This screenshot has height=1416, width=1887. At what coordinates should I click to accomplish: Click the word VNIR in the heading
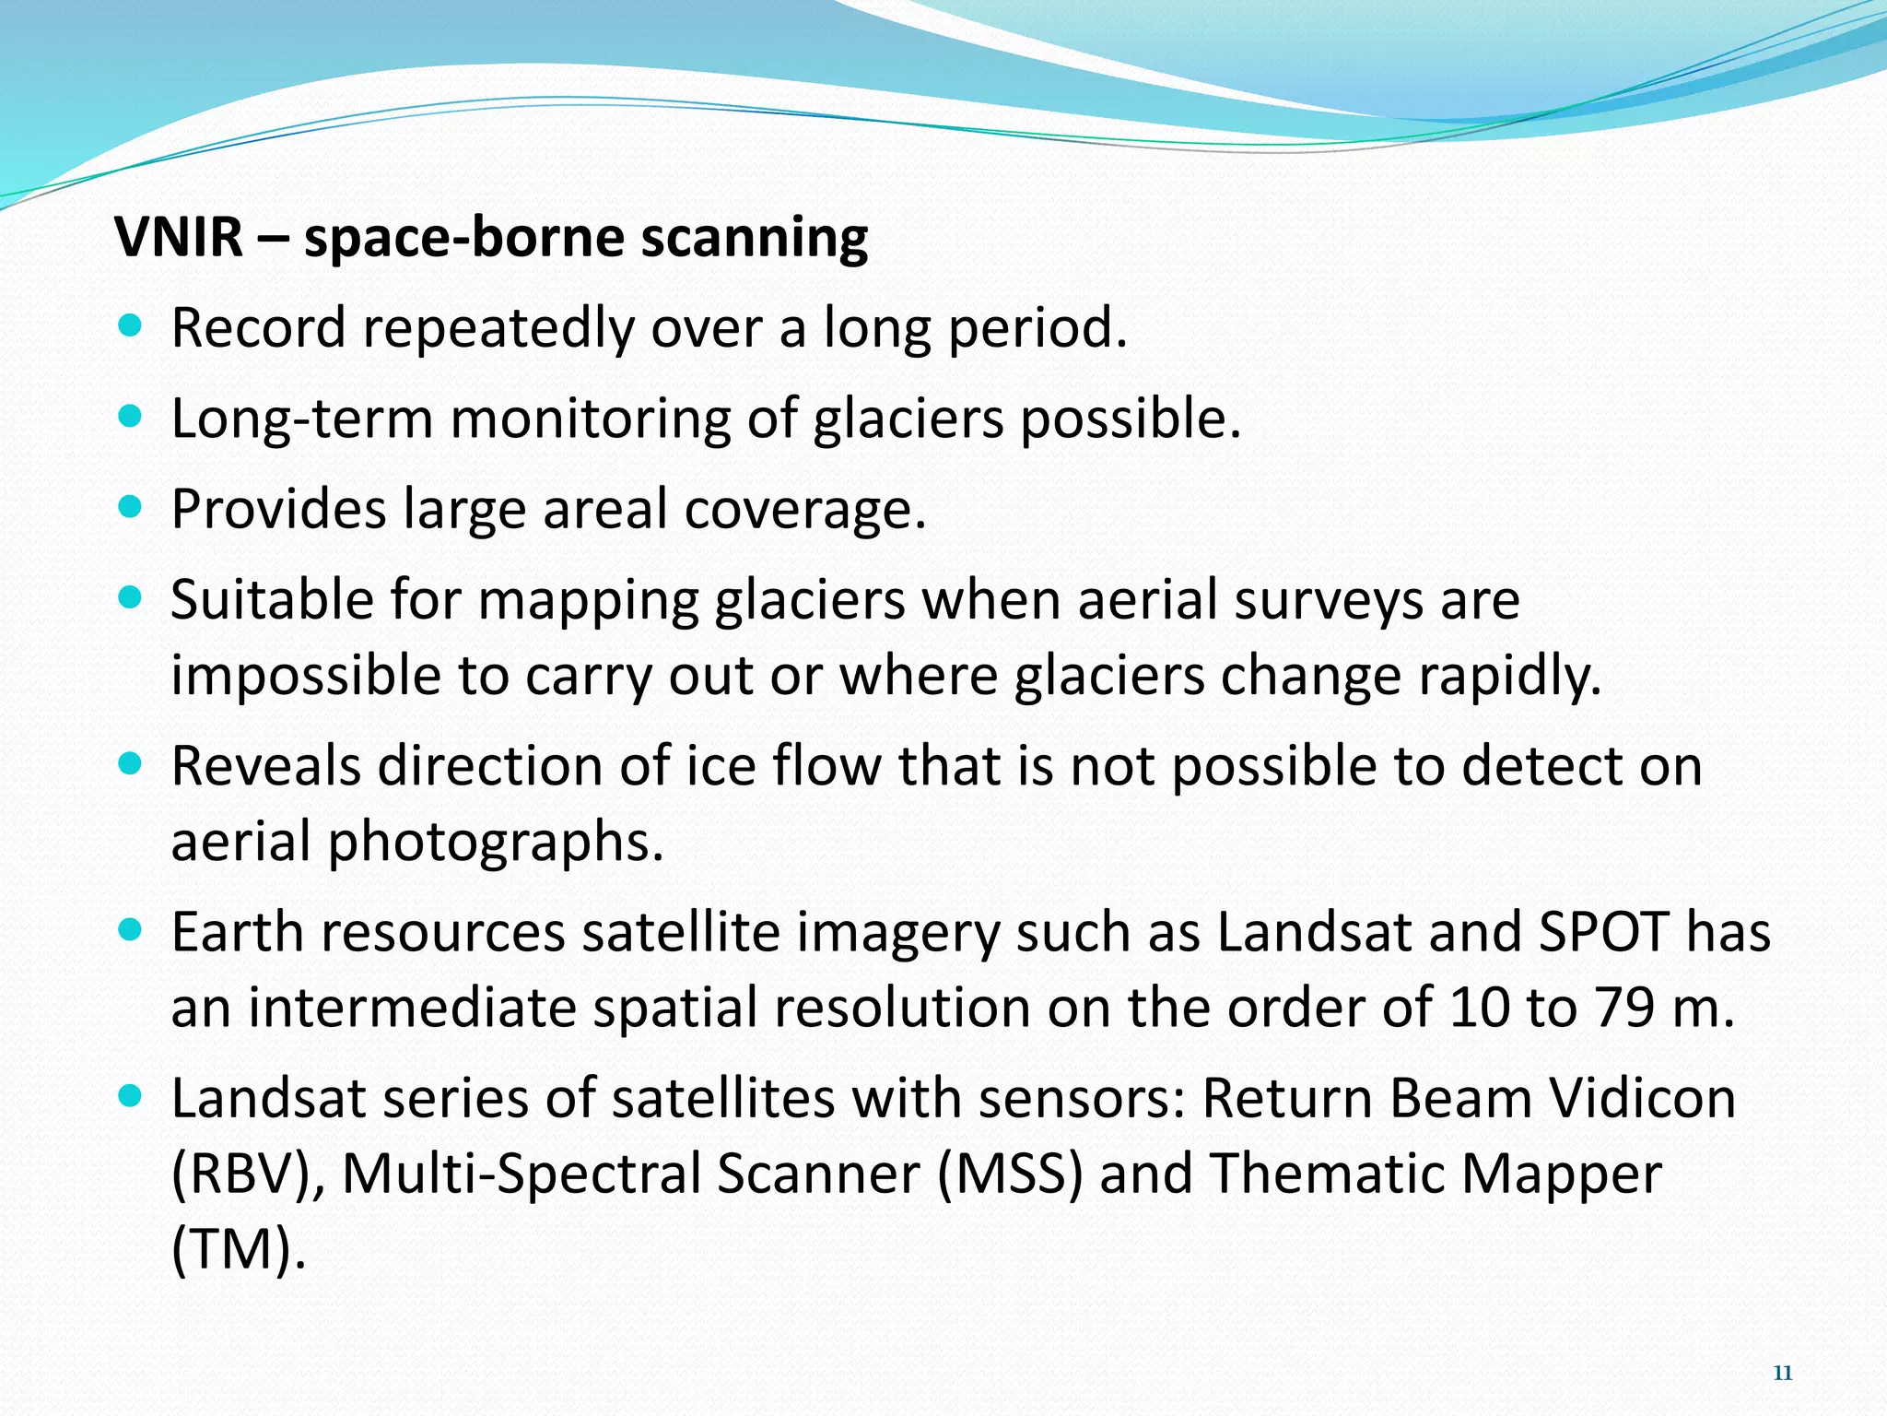[x=179, y=237]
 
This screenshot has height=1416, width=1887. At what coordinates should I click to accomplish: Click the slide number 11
[x=1782, y=1374]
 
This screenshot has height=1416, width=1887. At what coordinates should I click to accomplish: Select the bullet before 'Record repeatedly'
[x=131, y=326]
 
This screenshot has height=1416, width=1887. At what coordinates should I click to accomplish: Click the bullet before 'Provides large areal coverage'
[x=131, y=507]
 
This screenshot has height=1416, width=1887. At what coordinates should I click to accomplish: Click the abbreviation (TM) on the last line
[x=238, y=1250]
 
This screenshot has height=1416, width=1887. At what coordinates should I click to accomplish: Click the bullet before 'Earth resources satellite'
[x=131, y=931]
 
